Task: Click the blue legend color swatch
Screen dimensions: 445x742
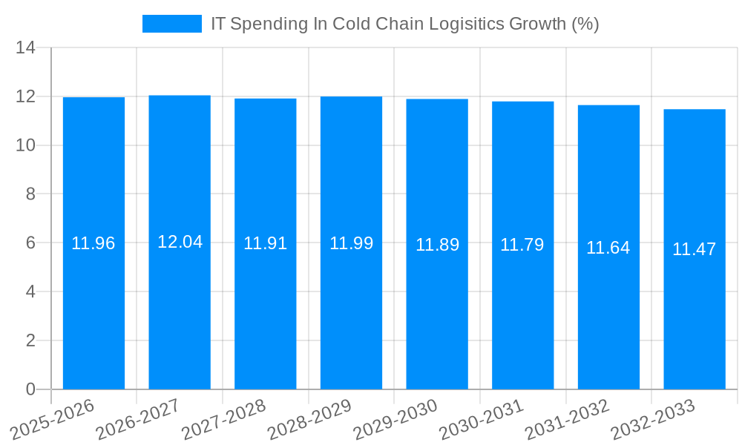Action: point(171,24)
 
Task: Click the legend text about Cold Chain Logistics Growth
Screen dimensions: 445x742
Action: point(404,24)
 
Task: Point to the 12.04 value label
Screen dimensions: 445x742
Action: point(180,242)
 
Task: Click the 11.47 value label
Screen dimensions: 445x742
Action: point(695,249)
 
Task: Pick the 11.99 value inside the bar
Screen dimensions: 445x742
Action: point(351,243)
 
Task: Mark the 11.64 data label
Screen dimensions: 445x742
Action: point(608,248)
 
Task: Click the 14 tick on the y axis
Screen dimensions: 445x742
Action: point(26,48)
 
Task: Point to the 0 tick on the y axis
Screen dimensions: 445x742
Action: point(30,389)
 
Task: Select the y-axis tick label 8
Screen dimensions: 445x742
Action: point(30,194)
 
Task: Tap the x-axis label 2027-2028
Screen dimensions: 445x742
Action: point(223,419)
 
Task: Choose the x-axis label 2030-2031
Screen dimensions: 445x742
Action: point(481,419)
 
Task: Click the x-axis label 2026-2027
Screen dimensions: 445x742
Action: point(138,419)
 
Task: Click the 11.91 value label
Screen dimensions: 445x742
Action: point(266,243)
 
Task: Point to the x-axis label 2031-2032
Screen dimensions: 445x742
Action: point(567,419)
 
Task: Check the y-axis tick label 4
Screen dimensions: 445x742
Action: point(30,291)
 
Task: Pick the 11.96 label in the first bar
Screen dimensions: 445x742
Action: point(93,243)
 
